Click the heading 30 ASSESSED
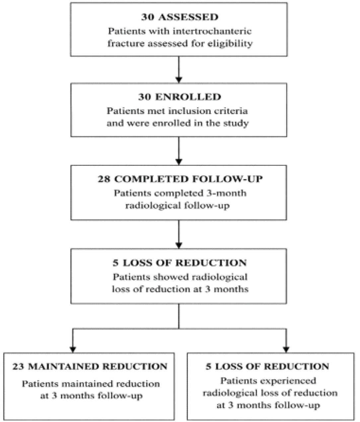click(180, 17)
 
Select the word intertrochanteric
click(212, 31)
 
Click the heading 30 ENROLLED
click(180, 97)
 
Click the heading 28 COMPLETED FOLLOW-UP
click(180, 179)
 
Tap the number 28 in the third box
click(104, 179)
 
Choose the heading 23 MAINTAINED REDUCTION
click(90, 367)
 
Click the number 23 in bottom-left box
click(18, 367)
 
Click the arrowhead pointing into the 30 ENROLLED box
click(179, 80)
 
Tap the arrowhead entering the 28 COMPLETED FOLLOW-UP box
click(179, 162)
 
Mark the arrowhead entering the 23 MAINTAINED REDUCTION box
click(73, 350)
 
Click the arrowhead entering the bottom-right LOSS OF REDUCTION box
click(286, 350)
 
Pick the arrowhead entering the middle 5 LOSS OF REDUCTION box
click(179, 246)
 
